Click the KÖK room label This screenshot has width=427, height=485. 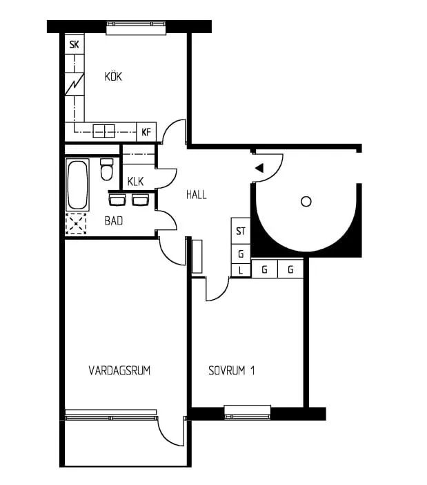coord(113,77)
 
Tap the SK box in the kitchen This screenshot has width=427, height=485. coord(74,45)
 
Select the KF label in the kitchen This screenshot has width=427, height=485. coord(146,132)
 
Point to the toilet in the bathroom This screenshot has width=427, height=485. coord(106,169)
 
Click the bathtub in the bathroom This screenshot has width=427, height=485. coord(77,184)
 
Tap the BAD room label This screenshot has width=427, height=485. coord(114,221)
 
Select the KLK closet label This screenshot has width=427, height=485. coord(135,182)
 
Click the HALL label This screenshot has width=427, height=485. coord(196,195)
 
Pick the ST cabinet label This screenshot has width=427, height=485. coord(241,231)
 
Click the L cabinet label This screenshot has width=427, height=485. coord(241,270)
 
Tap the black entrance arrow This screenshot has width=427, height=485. coord(259,168)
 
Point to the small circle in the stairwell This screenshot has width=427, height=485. coord(306,201)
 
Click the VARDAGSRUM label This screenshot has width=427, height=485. coord(119,371)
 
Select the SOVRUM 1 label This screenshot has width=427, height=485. coord(232,371)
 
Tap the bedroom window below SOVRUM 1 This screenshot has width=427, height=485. coord(248,413)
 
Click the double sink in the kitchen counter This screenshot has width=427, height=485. coord(104,131)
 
